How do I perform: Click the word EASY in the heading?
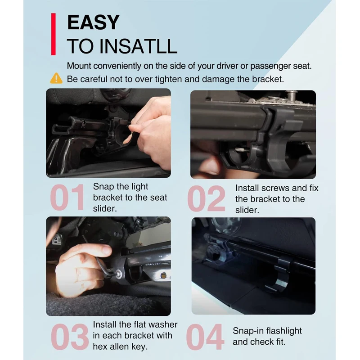pyautogui.click(x=93, y=22)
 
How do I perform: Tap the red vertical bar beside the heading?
pyautogui.click(x=54, y=34)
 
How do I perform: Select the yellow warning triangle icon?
pyautogui.click(x=56, y=78)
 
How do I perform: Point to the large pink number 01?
pyautogui.click(x=67, y=198)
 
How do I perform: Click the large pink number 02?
pyautogui.click(x=206, y=198)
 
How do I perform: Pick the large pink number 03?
pyautogui.click(x=70, y=337)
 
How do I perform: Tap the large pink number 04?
pyautogui.click(x=205, y=337)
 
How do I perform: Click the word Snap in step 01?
pyautogui.click(x=103, y=187)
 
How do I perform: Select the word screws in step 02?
pyautogui.click(x=275, y=188)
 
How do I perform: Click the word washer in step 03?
pyautogui.click(x=163, y=324)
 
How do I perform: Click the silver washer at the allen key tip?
pyautogui.click(x=119, y=274)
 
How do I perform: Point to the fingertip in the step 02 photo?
pyautogui.click(x=211, y=167)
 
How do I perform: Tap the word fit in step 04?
pyautogui.click(x=281, y=342)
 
